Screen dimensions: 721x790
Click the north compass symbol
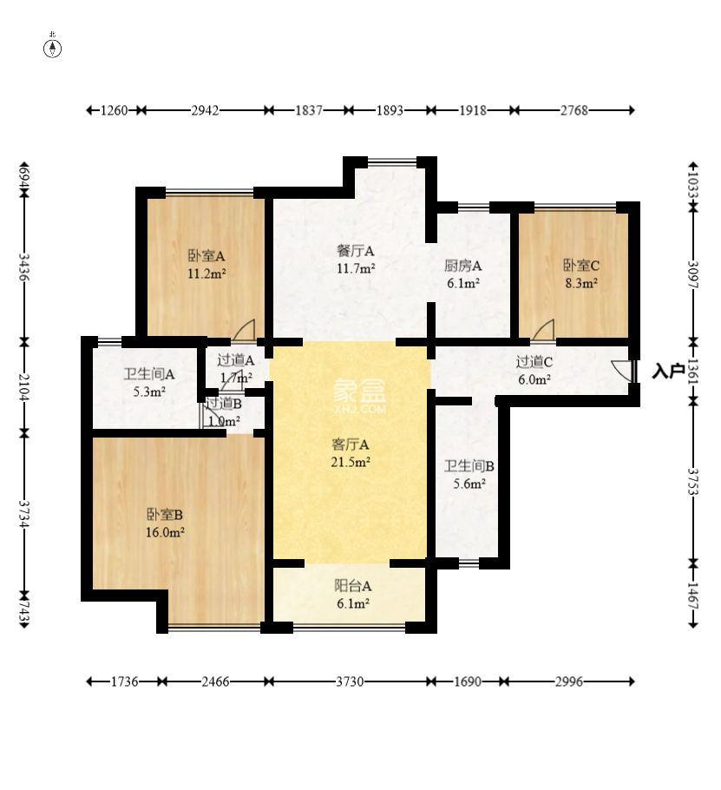(x=52, y=48)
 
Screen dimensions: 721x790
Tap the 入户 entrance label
(x=668, y=371)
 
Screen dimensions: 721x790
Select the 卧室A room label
(x=206, y=256)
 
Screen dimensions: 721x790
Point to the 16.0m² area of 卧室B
(x=165, y=532)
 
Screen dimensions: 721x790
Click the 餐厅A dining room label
(x=356, y=250)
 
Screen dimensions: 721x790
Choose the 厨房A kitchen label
(x=462, y=265)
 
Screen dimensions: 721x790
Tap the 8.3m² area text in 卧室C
(x=581, y=283)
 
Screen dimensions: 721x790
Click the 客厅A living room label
(x=351, y=444)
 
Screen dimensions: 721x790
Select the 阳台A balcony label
(x=353, y=586)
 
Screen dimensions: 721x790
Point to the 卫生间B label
(x=469, y=466)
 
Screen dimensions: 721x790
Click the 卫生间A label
(x=149, y=374)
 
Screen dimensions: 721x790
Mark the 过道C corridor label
(x=534, y=362)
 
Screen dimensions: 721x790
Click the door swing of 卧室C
(x=543, y=330)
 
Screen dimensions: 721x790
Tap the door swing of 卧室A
(x=244, y=330)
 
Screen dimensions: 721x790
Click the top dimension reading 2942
(x=205, y=110)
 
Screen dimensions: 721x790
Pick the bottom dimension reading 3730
(x=350, y=681)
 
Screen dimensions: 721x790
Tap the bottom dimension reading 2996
(x=569, y=681)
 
